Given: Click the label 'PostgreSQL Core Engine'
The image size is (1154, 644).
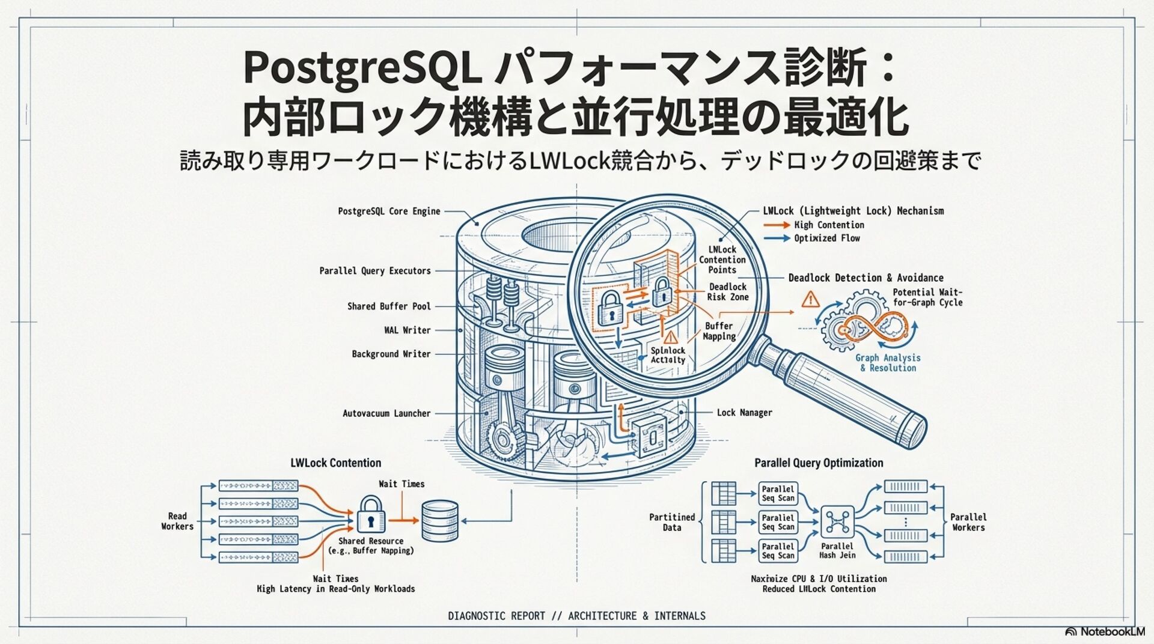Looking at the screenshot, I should click(x=389, y=211).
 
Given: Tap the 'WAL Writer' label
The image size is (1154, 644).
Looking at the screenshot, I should click(x=408, y=330).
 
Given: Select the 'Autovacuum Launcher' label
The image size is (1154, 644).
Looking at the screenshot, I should click(x=386, y=413).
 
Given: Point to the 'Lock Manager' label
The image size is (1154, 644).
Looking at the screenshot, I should click(x=744, y=413).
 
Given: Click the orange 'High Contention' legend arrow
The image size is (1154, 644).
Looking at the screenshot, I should click(x=777, y=225).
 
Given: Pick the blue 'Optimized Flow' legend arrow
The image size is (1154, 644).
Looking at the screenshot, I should click(x=777, y=238).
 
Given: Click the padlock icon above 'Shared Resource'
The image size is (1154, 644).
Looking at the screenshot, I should click(x=371, y=514).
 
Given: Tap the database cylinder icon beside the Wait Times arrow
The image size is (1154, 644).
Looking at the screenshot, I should click(x=440, y=520).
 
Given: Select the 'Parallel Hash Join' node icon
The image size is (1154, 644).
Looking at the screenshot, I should click(x=837, y=521).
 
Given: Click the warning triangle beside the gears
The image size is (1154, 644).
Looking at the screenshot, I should click(x=811, y=299).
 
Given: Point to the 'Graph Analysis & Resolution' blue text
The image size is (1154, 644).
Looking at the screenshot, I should click(x=888, y=363).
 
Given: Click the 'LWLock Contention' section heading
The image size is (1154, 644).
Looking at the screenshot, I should click(x=335, y=463).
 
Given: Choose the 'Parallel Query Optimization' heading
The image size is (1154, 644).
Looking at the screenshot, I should click(x=819, y=463).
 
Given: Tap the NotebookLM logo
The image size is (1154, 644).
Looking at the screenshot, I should click(x=1105, y=631).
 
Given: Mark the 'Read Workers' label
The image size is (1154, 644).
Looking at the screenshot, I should click(x=177, y=521).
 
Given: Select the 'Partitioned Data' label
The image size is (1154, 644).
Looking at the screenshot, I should click(x=672, y=522).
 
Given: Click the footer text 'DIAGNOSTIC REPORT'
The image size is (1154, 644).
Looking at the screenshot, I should click(x=496, y=616).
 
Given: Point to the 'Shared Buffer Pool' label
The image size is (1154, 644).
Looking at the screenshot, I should click(x=389, y=306).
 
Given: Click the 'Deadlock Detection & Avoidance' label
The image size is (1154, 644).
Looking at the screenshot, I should click(x=865, y=278).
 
